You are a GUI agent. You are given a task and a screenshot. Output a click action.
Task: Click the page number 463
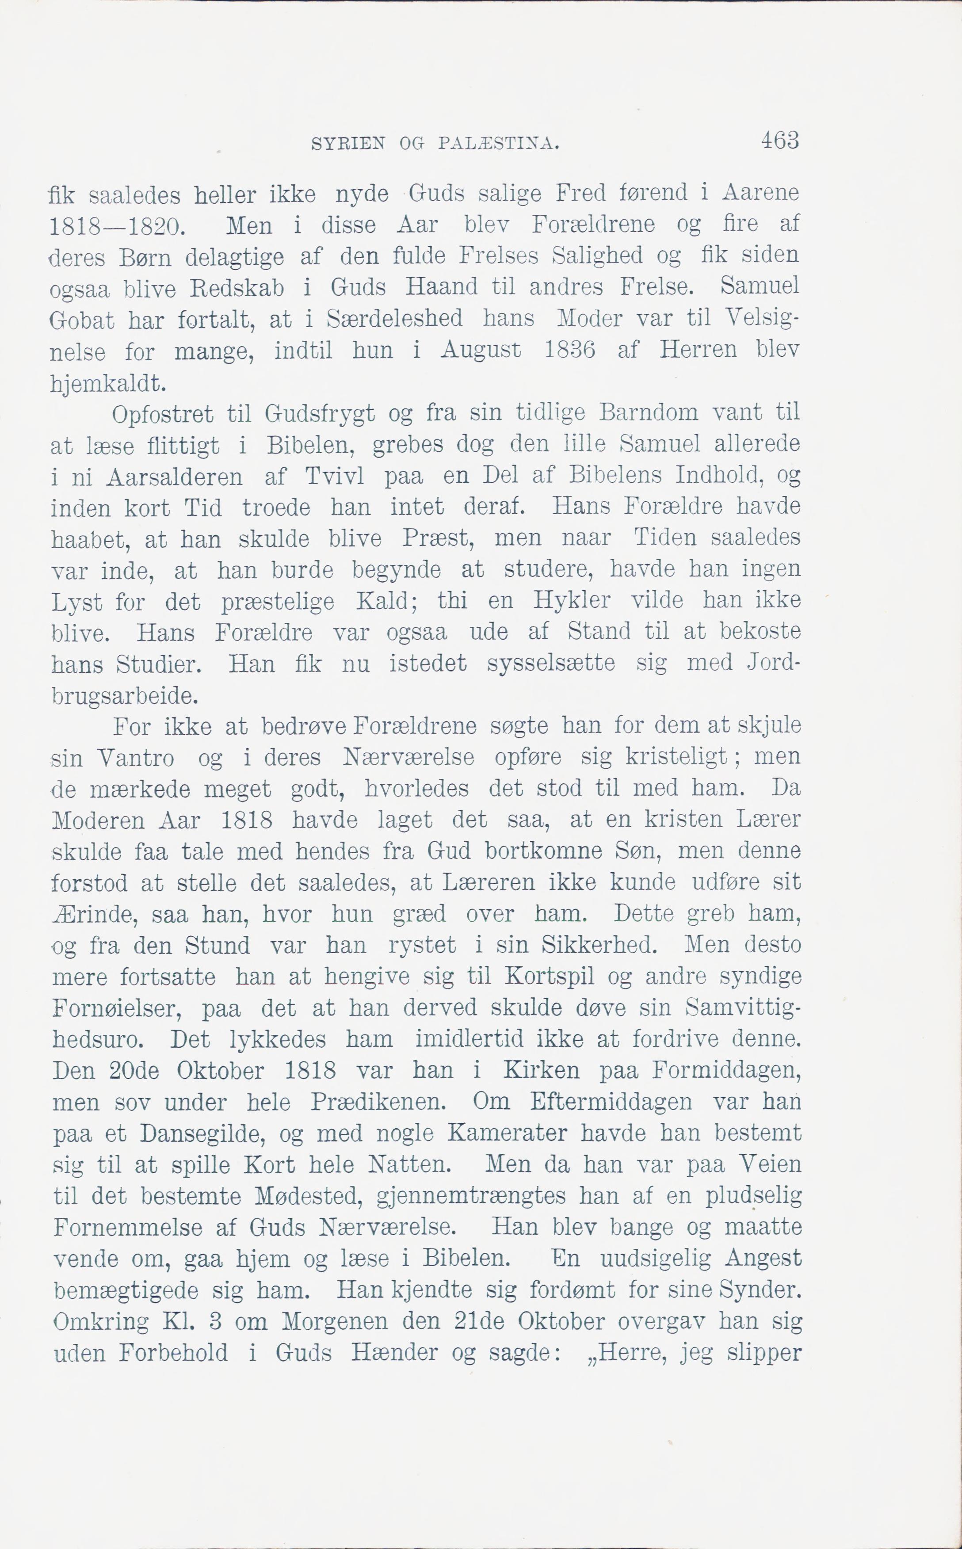[x=779, y=140]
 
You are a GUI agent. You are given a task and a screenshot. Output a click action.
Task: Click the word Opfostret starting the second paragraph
[x=162, y=415]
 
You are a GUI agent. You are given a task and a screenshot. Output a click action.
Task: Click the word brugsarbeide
[x=124, y=695]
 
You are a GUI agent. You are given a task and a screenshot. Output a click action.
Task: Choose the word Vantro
[x=136, y=758]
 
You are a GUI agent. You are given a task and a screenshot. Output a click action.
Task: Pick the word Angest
[x=763, y=1258]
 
